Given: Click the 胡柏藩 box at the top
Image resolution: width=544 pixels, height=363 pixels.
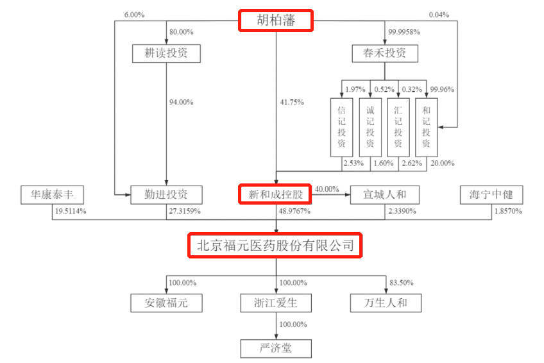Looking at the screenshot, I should click(276, 20).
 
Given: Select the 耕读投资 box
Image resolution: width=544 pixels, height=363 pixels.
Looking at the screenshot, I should click(166, 53).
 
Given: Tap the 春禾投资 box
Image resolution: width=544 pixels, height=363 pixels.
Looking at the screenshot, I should click(385, 53).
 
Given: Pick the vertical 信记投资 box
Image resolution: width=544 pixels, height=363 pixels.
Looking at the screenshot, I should click(341, 127).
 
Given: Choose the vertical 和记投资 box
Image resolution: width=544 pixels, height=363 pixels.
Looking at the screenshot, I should click(427, 127).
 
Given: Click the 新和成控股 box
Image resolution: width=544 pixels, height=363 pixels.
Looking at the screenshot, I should click(276, 193).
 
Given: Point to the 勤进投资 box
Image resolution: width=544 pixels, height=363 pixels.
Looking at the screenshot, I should click(166, 193).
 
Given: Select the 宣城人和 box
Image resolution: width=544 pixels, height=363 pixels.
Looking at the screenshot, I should click(385, 193).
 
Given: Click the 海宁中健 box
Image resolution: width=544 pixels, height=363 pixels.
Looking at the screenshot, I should click(491, 193).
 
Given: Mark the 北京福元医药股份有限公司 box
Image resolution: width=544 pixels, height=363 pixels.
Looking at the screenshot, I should click(275, 245).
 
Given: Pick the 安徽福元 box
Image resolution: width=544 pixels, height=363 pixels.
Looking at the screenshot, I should click(166, 302).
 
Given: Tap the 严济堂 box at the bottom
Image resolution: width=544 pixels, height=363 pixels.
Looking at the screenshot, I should click(276, 348).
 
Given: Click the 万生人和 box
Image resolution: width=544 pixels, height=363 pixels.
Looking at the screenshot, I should click(385, 302).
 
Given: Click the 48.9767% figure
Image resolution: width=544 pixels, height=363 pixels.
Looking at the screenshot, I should click(295, 210).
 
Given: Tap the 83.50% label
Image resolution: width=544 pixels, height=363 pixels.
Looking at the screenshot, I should click(402, 283).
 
